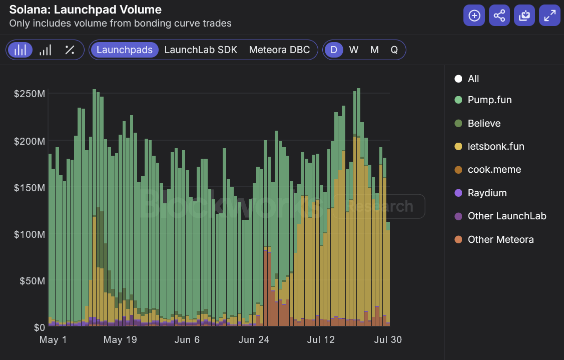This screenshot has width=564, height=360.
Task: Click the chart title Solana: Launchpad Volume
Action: pos(85,10)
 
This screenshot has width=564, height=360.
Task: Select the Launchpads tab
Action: pos(124,50)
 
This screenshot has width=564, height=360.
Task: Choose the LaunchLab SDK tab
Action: pos(201,50)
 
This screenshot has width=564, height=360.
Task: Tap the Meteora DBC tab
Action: pos(279,50)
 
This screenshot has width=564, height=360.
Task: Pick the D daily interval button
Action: pos(334,50)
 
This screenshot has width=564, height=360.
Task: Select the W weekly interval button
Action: pos(354,50)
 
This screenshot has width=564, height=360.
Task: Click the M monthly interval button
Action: pos(374,50)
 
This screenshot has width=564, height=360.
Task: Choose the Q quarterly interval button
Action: pos(394,50)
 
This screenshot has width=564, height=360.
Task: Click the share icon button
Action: pos(499,16)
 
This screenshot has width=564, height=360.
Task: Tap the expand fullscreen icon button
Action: pos(549,16)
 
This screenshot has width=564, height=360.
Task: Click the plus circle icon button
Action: pos(474,16)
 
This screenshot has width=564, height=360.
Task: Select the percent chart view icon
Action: pos(70,50)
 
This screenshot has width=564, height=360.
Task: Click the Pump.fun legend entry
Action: pos(489,100)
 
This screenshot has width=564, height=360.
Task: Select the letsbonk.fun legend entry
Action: pos(495,147)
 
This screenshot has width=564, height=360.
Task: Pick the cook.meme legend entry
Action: pos(494,170)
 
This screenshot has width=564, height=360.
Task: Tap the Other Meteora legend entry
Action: pos(500,240)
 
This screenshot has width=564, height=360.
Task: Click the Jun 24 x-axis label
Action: pos(254,340)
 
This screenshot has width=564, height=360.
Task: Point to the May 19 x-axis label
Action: pos(120,340)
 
